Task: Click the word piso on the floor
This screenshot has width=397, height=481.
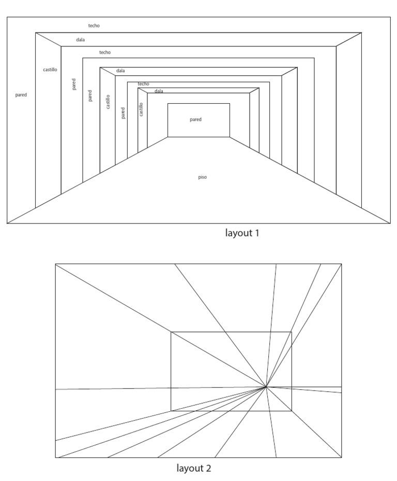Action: coord(203,177)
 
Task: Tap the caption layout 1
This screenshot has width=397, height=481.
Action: coord(242,233)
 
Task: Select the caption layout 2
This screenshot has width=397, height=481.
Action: coord(194,469)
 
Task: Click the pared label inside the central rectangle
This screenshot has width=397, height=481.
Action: coord(195,119)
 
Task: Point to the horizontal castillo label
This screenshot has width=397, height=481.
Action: coord(50,69)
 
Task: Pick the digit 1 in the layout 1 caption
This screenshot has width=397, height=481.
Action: coord(256,233)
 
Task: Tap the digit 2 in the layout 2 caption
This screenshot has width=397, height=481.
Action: coord(208,469)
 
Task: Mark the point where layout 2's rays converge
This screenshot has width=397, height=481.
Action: coord(266,387)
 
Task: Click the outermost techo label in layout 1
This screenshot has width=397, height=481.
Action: coord(94,25)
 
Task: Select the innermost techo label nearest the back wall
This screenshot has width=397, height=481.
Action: coord(143,84)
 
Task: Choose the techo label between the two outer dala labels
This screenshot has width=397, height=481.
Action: coord(105,53)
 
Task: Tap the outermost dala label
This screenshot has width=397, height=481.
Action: coord(80,40)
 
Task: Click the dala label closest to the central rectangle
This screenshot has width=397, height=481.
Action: coord(159,91)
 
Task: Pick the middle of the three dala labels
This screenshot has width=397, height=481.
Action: coord(120,71)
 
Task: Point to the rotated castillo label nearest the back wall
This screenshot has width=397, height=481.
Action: coord(142,109)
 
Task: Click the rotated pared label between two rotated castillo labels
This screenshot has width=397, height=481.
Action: coord(123,113)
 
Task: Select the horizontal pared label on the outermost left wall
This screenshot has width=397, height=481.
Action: coord(21,95)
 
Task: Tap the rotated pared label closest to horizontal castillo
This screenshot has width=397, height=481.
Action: coord(74,84)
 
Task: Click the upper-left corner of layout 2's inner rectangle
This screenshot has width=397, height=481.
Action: coord(171,332)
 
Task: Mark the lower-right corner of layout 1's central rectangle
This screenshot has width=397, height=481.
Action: coord(230,137)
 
